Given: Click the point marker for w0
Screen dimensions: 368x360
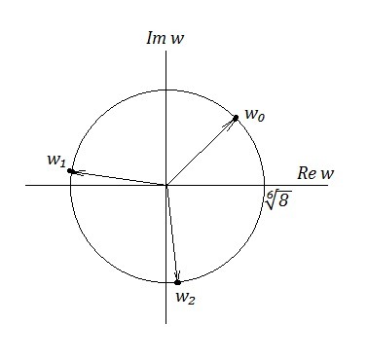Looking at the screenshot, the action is pyautogui.click(x=236, y=118).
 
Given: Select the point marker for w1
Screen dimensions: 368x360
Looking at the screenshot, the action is pyautogui.click(x=70, y=171).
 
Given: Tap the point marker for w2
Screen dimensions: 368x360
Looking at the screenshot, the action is pyautogui.click(x=177, y=282).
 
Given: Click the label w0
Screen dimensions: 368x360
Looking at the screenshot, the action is pyautogui.click(x=255, y=115).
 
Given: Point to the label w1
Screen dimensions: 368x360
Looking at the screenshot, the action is pyautogui.click(x=56, y=161).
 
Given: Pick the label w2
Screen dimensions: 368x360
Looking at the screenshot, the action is pyautogui.click(x=185, y=298).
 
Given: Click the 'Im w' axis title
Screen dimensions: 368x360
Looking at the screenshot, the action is pyautogui.click(x=166, y=38).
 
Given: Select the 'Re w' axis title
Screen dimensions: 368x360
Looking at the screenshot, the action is pyautogui.click(x=315, y=173).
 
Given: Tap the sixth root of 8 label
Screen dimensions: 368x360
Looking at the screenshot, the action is pyautogui.click(x=277, y=199).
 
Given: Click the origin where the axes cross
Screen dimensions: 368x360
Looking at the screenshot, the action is pyautogui.click(x=166, y=185).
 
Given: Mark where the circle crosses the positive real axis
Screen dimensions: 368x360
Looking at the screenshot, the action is pyautogui.click(x=265, y=185).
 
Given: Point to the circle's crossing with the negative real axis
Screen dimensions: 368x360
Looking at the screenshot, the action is pyautogui.click(x=70, y=185).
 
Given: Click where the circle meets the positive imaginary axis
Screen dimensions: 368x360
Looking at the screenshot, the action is pyautogui.click(x=166, y=90).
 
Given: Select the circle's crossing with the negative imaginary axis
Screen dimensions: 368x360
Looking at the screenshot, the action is pyautogui.click(x=166, y=282).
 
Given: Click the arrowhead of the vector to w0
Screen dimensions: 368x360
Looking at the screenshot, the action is pyautogui.click(x=231, y=124).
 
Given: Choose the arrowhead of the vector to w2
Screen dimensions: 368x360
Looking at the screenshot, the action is pyautogui.click(x=177, y=275).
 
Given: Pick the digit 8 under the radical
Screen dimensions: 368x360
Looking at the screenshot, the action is pyautogui.click(x=283, y=201).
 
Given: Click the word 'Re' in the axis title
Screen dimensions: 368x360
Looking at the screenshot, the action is pyautogui.click(x=307, y=173).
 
